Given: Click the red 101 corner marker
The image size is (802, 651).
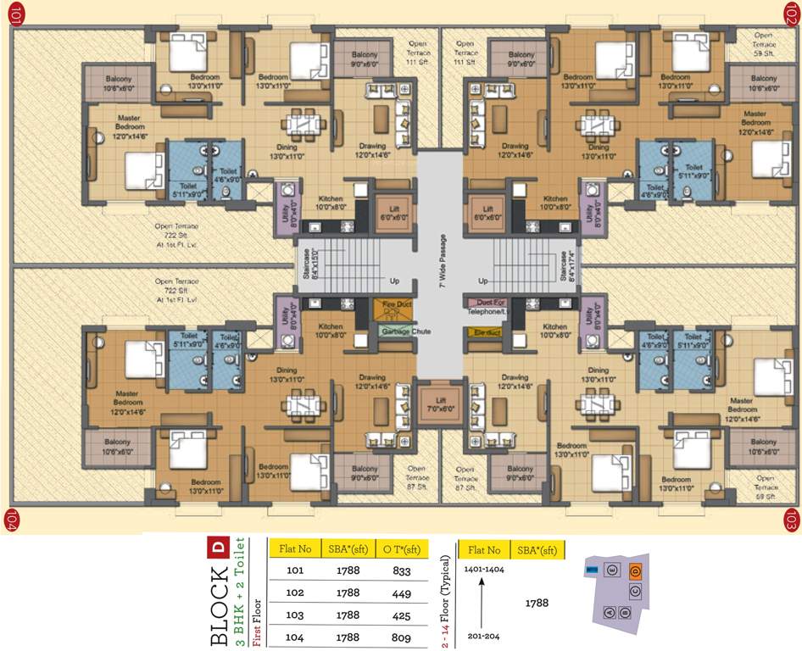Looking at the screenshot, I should coord(14,14).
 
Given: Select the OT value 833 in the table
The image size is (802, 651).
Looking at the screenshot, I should coord(402,570).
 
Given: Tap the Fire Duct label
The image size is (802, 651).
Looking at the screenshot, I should coord(396,303).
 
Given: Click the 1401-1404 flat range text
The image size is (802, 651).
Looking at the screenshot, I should coord(483,570).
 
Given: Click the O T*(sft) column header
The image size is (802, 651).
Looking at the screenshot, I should coord(401,549).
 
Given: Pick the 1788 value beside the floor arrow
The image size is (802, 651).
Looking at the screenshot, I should coord(536,603).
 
